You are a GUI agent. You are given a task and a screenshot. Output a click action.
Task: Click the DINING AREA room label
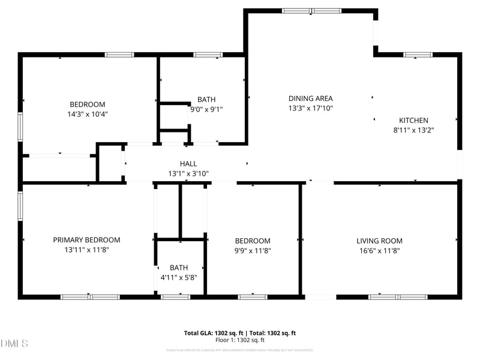[x=310, y=98]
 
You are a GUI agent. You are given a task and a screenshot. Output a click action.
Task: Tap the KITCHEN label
[x=413, y=120]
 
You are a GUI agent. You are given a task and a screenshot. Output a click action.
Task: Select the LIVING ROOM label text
[x=379, y=241]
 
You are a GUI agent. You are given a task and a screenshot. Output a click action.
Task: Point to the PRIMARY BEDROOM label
[x=86, y=240]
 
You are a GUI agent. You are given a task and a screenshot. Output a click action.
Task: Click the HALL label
[x=188, y=164]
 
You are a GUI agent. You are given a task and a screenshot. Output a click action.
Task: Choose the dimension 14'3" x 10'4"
[x=87, y=113]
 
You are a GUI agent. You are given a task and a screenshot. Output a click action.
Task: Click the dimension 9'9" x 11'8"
[x=252, y=250]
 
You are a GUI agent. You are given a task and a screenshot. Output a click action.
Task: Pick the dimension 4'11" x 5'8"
[x=179, y=277]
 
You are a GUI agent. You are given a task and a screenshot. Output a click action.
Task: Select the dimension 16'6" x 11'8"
[x=379, y=250]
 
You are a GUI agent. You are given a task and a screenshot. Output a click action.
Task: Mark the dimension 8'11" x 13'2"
[x=413, y=130]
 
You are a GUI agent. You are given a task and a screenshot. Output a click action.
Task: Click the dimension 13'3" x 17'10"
[x=310, y=108]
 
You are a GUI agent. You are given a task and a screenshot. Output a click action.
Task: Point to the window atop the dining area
[x=311, y=11]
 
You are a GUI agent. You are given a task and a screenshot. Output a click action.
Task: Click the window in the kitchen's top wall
[x=418, y=55]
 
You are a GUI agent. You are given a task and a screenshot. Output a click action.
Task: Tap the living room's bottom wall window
[x=397, y=296]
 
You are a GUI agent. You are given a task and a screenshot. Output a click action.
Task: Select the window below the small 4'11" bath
[x=176, y=296]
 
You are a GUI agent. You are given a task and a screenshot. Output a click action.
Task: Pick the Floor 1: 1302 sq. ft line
[x=239, y=340]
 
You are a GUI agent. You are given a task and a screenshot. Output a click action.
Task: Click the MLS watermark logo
[x=14, y=344]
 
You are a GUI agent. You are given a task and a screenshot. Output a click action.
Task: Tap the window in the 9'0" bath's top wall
[x=208, y=55]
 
